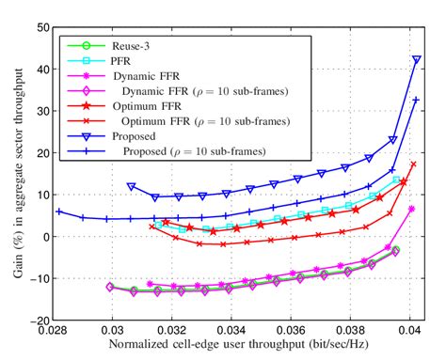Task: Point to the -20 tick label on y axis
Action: tap(40, 321)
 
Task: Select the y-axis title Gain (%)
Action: tap(13, 174)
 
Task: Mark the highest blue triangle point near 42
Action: tap(416, 59)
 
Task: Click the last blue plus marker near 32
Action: tap(416, 100)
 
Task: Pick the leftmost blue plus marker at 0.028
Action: tap(58, 211)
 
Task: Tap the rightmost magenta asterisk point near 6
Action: tap(412, 209)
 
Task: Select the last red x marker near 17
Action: tap(413, 164)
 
